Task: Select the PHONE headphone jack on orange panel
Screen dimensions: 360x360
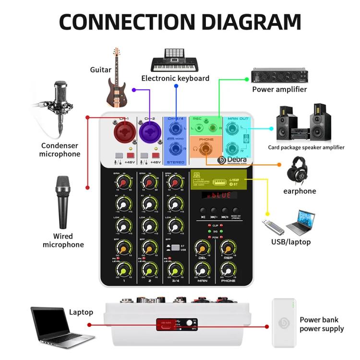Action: (205, 148)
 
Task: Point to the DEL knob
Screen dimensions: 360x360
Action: (202, 249)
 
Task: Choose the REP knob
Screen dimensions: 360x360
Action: (228, 249)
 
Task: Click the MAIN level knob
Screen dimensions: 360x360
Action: (202, 271)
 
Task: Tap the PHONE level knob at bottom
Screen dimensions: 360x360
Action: (228, 271)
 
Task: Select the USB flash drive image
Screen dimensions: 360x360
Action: (274, 226)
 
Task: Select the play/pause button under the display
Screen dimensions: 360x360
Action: (203, 211)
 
